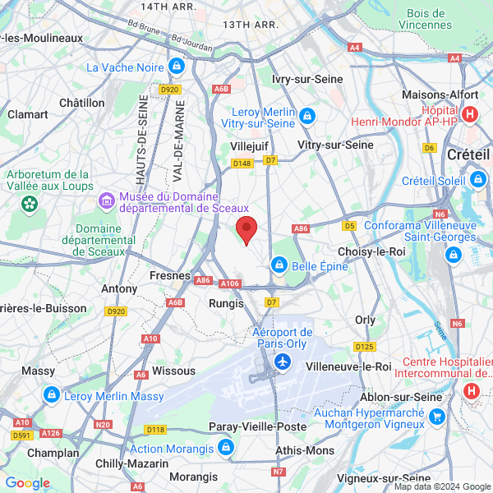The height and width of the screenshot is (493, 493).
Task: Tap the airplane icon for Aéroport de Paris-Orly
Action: tap(283, 362)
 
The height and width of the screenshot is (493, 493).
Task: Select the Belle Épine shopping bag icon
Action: tap(279, 265)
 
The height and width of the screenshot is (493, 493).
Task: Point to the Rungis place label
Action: tap(228, 303)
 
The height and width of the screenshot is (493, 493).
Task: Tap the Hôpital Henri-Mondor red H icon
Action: tap(470, 114)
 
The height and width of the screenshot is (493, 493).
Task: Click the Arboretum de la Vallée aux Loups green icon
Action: tap(30, 202)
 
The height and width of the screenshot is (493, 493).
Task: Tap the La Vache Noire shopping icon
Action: tap(175, 66)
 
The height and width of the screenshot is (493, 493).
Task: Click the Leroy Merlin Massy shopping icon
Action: tap(51, 396)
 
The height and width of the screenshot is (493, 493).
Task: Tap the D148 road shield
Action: tap(242, 164)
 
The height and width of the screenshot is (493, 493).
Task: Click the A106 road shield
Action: tap(230, 283)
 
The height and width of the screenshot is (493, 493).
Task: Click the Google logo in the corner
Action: tap(27, 483)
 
